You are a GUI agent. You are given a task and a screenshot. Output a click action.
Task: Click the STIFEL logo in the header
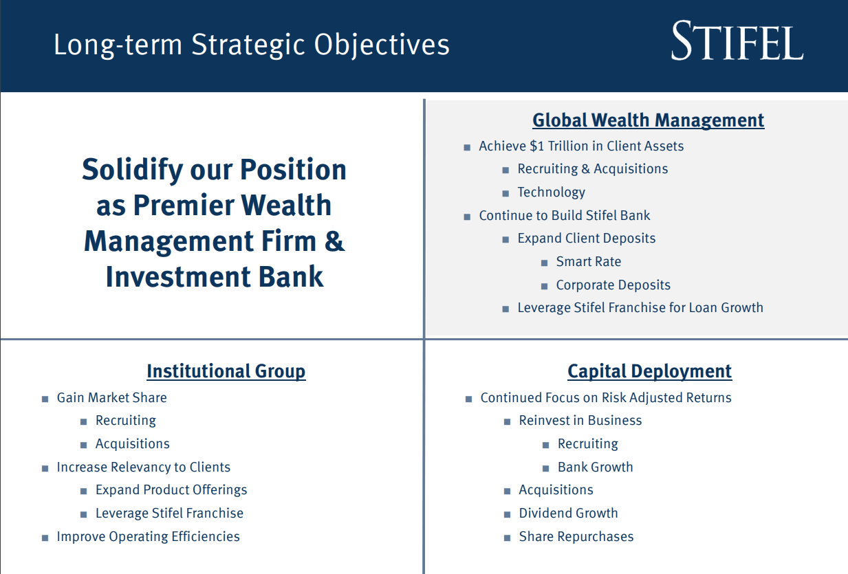coord(737,42)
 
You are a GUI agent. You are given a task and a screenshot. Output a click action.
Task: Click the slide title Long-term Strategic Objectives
coord(251,45)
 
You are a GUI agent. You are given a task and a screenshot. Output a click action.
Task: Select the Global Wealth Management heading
coord(648,120)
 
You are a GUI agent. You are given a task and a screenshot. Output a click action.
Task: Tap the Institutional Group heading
coord(226,371)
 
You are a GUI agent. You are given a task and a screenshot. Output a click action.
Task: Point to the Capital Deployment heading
coord(649,371)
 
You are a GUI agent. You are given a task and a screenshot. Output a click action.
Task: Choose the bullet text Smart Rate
coord(588,262)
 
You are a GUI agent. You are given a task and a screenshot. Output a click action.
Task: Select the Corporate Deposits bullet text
coord(613,285)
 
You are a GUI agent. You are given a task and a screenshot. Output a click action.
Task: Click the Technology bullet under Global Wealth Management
coord(551,192)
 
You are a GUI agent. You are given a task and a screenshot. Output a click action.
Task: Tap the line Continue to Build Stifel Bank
coord(564,216)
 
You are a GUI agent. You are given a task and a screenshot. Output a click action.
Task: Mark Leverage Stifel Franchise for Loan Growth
coord(640,308)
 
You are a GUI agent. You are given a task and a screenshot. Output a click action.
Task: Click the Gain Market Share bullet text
coord(111,397)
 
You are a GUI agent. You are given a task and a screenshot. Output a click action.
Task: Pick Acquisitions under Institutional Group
coord(132,444)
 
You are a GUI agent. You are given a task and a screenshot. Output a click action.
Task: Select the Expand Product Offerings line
coord(171,490)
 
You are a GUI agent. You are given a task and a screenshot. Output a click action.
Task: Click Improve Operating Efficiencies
coord(148,537)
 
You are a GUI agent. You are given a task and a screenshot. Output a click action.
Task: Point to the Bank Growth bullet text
coord(595,467)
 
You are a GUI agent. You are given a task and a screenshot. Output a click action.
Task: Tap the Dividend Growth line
coord(568,514)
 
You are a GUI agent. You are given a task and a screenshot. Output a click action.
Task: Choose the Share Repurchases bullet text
coord(576,537)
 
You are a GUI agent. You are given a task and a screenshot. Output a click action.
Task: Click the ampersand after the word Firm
coord(335,241)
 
